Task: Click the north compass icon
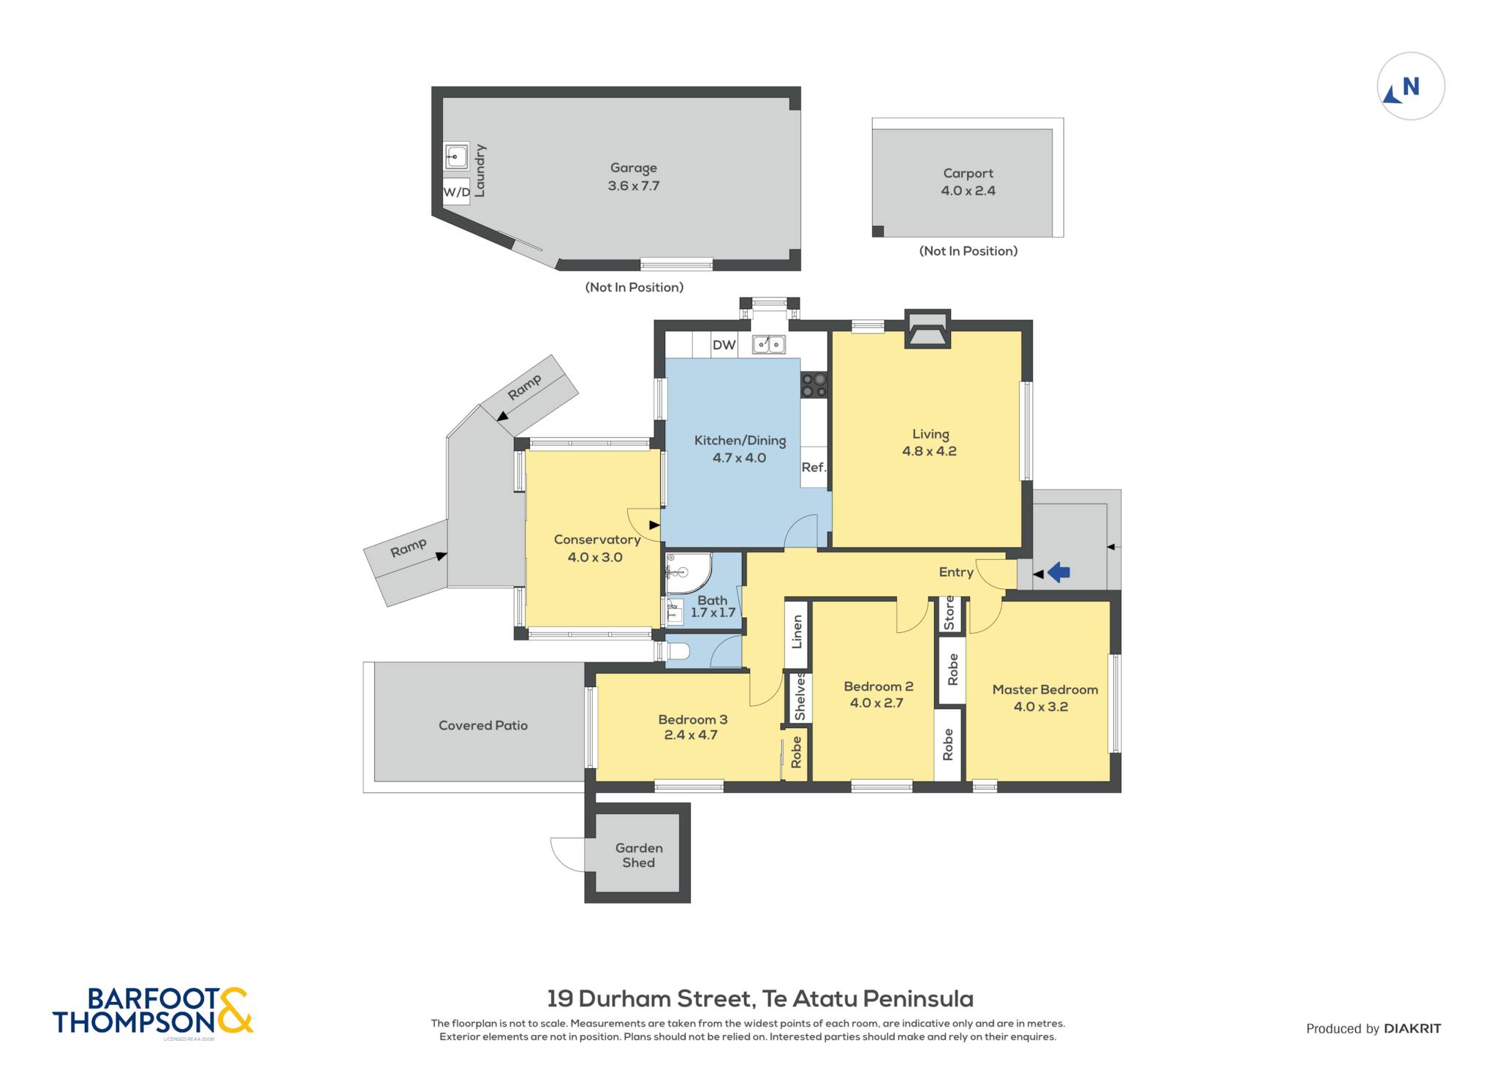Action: tap(1411, 86)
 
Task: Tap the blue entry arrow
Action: tap(1058, 572)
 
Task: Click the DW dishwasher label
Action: tap(724, 345)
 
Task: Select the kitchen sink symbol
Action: tap(769, 344)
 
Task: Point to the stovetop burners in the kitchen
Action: tap(814, 385)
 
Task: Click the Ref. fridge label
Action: tap(814, 467)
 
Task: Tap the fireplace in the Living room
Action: tap(928, 328)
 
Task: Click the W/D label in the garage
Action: tap(457, 192)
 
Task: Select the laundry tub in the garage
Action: tap(456, 156)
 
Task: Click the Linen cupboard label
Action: tap(797, 632)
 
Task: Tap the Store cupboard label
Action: tap(949, 613)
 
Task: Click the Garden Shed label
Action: tap(639, 855)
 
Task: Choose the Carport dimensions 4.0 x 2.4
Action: tap(968, 191)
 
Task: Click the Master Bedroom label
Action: tap(1045, 689)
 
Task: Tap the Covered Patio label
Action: tap(483, 725)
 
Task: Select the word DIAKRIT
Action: tap(1412, 1028)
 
